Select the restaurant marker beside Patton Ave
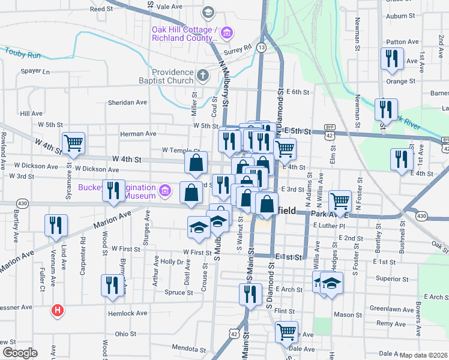pos(391,58)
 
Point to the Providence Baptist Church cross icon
pos(203,76)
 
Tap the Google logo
pos(20,353)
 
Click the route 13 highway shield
pos(261,46)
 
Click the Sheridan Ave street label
pos(127,103)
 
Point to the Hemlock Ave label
pos(127,313)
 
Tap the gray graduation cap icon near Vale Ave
pos(207,12)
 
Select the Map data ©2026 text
pos(424,355)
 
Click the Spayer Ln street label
pos(35,71)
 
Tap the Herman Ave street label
pos(138,134)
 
